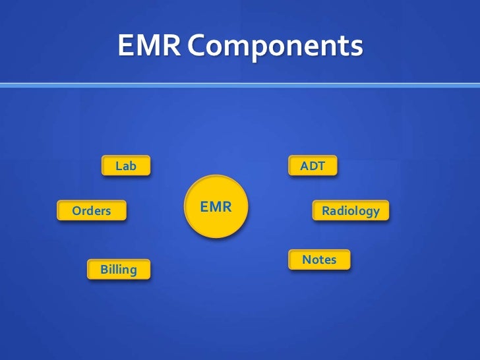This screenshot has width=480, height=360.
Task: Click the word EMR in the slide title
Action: click(x=149, y=46)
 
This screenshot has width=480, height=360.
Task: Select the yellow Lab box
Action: click(x=126, y=166)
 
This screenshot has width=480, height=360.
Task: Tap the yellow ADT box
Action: click(x=313, y=166)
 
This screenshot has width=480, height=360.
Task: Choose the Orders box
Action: click(x=92, y=211)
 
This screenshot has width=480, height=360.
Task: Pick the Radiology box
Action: click(x=350, y=211)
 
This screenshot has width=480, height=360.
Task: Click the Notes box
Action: click(x=319, y=260)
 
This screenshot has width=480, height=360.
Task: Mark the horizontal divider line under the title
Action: click(x=240, y=84)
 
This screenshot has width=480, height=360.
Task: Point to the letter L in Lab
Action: click(x=119, y=166)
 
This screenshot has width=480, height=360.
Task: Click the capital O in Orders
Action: click(x=76, y=211)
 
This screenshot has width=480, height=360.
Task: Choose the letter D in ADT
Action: click(x=313, y=166)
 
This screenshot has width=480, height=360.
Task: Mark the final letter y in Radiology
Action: click(x=376, y=212)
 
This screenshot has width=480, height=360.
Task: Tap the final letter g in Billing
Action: click(x=133, y=270)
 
